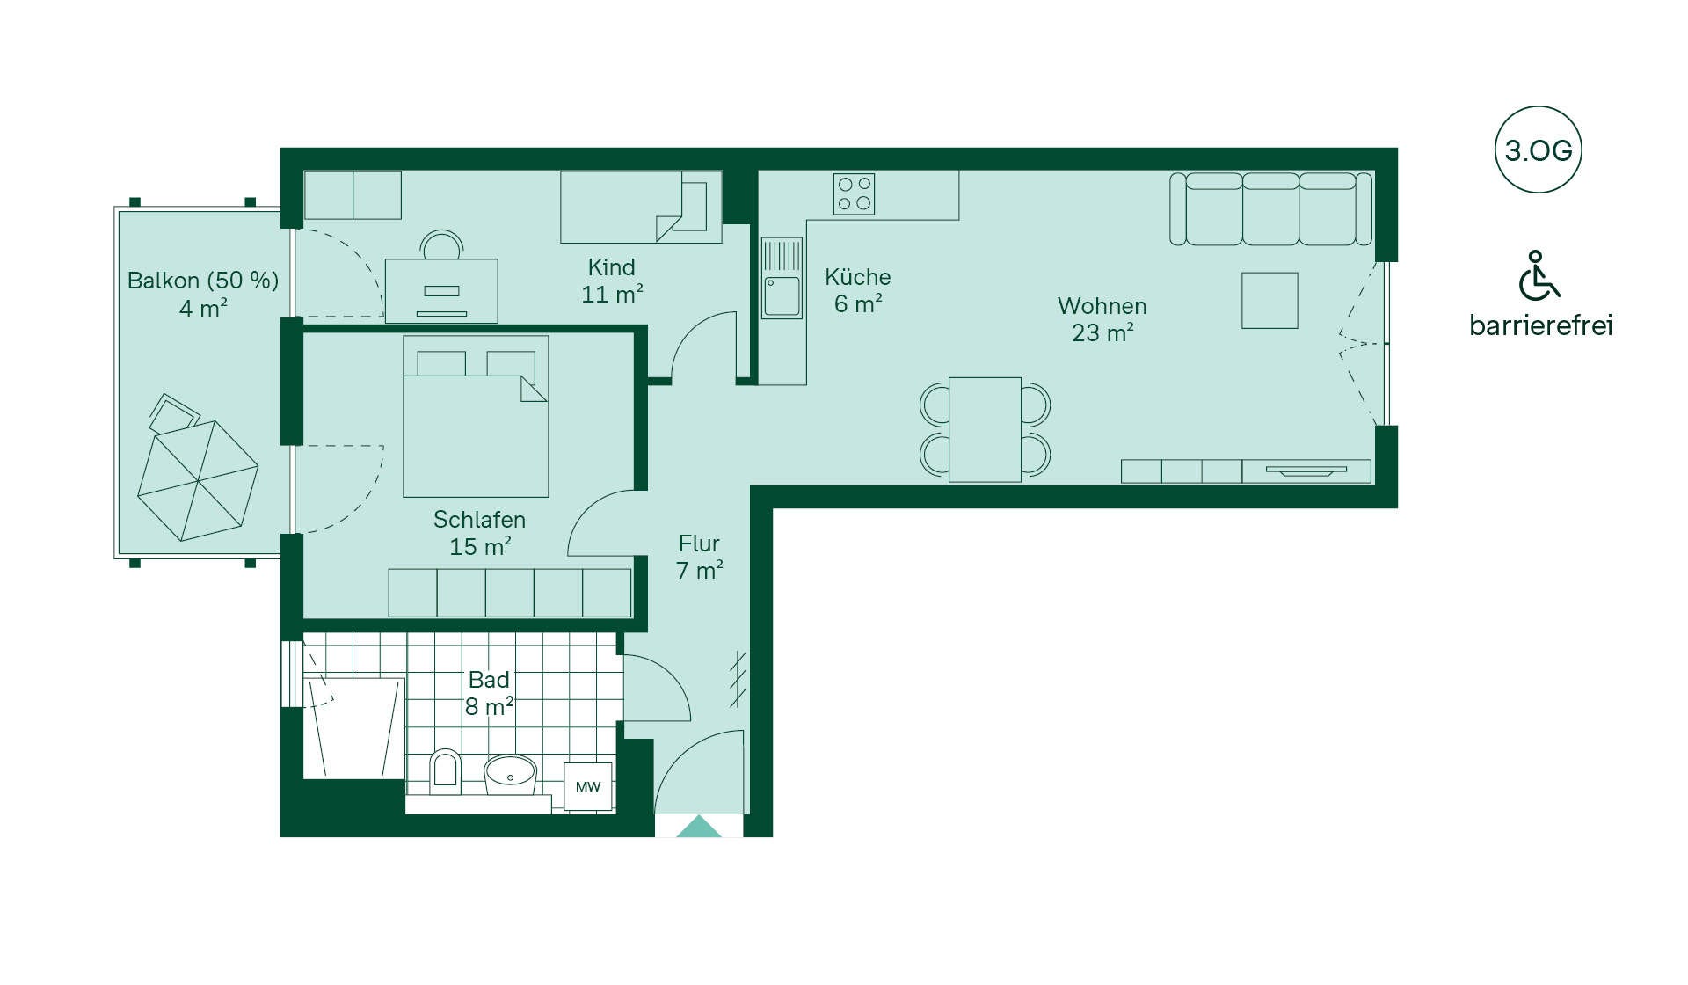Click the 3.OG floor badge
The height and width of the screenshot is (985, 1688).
point(1538,150)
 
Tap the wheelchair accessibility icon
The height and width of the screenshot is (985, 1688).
point(1539,275)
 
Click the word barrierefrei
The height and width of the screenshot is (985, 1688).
point(1540,325)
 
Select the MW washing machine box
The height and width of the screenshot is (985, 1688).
point(588,786)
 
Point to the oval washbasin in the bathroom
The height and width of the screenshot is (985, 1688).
point(510,775)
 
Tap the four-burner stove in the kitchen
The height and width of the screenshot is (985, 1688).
point(854,193)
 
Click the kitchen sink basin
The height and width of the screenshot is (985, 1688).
point(782,296)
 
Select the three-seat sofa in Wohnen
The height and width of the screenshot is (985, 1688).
point(1270,209)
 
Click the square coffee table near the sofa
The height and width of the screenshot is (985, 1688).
point(1270,301)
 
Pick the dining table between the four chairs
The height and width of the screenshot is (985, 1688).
point(985,429)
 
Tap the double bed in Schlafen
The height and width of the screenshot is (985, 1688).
point(476,416)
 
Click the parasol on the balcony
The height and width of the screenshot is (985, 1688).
point(198,480)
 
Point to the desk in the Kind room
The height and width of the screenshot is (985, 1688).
point(441,290)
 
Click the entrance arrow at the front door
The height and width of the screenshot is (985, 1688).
point(699,827)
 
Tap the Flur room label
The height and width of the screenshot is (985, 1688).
point(699,544)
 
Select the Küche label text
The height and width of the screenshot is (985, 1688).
point(858,277)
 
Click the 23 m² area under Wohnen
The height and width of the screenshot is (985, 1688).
point(1102,333)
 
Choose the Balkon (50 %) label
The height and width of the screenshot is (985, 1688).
point(203,281)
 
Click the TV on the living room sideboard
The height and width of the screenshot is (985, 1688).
point(1306,471)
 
